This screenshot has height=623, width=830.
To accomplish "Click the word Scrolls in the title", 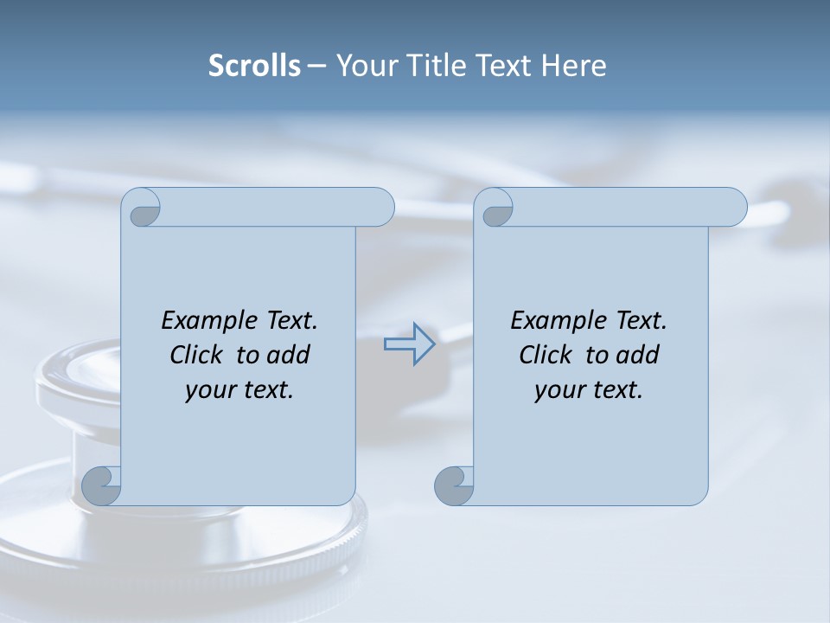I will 255,66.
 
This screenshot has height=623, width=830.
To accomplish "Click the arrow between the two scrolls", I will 409,344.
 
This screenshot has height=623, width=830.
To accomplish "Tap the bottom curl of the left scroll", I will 101,485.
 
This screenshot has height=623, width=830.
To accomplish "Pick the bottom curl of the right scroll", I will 454,485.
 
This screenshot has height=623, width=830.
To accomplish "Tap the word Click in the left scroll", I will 196,356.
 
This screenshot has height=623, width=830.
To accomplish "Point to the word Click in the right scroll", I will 546,356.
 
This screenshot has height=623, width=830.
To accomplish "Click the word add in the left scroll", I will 288,356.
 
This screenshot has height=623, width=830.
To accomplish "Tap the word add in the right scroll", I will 637,356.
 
